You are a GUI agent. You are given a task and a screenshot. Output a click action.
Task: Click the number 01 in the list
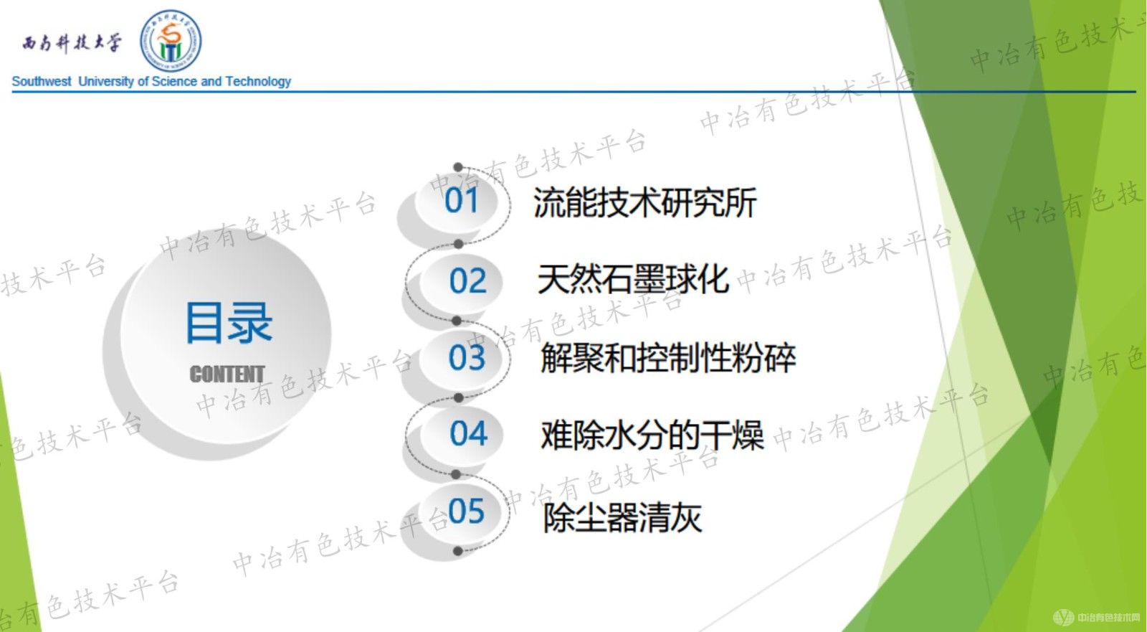tap(461, 200)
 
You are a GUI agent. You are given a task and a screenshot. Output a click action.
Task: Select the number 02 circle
tap(467, 280)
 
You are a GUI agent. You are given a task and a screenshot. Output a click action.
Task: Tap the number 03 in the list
tap(467, 357)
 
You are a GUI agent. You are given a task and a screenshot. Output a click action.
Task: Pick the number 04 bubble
tap(468, 433)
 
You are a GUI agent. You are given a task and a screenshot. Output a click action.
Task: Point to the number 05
tap(466, 511)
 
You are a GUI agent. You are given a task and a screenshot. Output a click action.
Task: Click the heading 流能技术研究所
tap(644, 203)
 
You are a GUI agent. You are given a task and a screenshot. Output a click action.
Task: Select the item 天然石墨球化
tap(633, 279)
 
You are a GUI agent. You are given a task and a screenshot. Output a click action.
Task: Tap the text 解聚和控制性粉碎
tap(667, 358)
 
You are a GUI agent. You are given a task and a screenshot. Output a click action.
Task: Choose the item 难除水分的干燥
tap(652, 435)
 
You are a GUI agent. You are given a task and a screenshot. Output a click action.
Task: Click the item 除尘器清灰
tap(622, 517)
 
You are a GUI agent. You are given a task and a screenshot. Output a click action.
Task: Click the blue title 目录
tap(229, 323)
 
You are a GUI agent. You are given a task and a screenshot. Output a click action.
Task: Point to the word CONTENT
tap(227, 374)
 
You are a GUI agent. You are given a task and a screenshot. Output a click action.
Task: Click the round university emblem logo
tap(171, 41)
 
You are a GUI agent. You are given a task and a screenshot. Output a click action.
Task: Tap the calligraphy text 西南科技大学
tap(72, 43)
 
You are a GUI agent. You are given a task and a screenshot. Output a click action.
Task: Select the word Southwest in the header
tap(42, 82)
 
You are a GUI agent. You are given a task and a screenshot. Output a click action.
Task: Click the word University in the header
tap(106, 82)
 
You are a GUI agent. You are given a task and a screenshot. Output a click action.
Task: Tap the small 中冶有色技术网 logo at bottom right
tap(1097, 617)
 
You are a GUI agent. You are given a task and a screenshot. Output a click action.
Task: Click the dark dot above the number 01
tap(458, 167)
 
